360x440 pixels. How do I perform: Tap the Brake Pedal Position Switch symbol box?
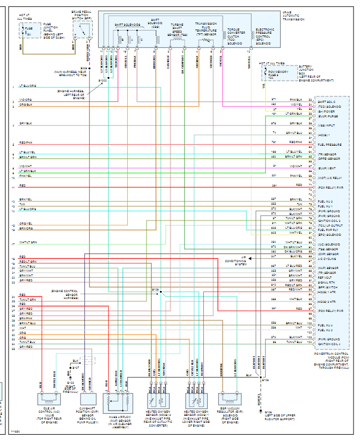(82, 32)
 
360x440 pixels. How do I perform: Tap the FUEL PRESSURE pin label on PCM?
(329, 145)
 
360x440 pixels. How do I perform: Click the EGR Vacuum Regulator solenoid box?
(230, 400)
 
